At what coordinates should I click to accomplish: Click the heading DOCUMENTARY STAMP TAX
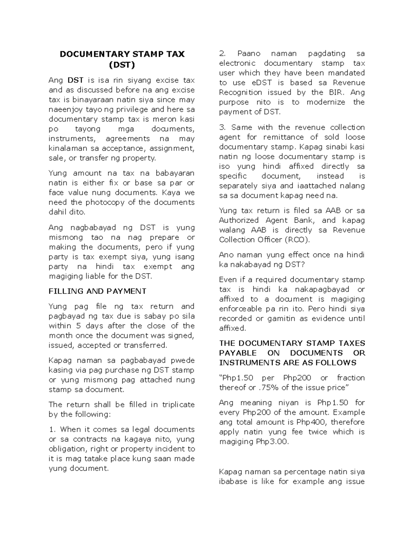[122, 54]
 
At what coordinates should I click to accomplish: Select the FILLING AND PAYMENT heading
[97, 291]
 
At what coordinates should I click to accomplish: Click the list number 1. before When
[52, 429]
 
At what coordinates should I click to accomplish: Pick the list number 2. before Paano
[223, 53]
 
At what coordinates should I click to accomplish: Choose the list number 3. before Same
[223, 127]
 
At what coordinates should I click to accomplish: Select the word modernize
[326, 102]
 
